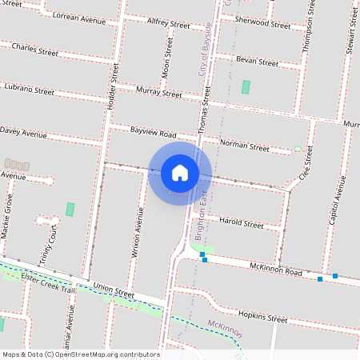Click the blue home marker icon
tap(180, 172)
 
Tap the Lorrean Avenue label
tap(77, 16)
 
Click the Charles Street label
tap(36, 50)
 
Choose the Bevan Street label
tap(257, 61)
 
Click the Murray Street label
tap(159, 93)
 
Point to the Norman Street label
tap(245, 146)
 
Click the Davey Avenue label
tap(24, 131)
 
